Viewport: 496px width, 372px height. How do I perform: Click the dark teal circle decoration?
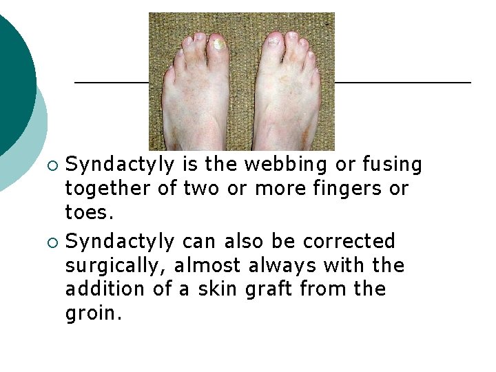coord(12,76)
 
